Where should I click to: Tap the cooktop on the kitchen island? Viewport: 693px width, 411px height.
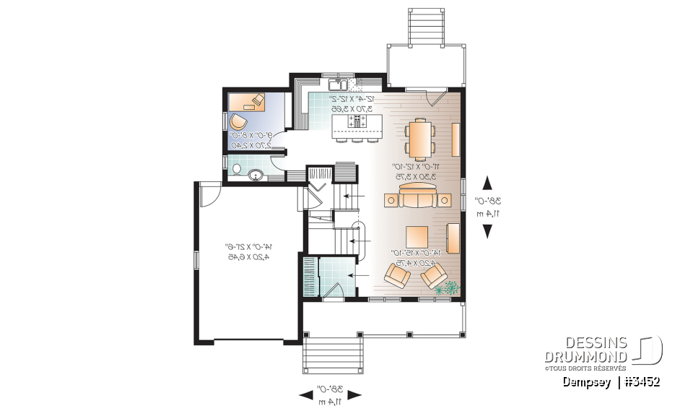[358, 121]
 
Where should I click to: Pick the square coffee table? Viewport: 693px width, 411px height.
[419, 237]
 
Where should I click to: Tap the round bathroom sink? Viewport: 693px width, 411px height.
[256, 175]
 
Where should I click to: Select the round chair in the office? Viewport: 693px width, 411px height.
[238, 121]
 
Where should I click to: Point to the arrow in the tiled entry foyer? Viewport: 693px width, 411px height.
[352, 275]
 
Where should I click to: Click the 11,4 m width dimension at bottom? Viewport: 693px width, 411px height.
[329, 401]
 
